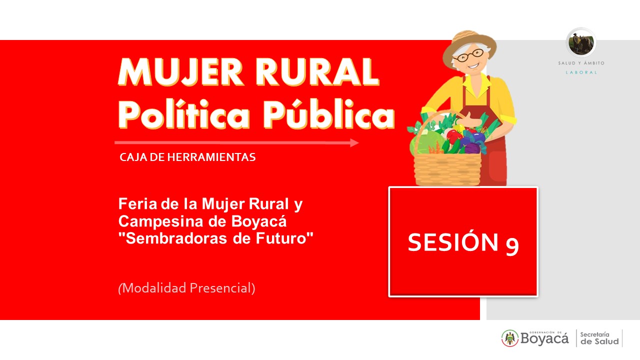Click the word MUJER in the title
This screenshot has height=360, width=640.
click(181, 71)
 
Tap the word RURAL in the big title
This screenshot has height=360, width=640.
click(317, 71)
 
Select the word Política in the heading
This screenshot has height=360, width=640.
click(184, 114)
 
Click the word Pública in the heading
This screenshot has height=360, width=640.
click(329, 114)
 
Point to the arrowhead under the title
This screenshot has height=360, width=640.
click(354, 142)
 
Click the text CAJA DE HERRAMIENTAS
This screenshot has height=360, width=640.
click(187, 157)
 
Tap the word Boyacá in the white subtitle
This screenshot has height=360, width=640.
click(259, 221)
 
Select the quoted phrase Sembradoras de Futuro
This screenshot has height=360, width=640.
click(215, 238)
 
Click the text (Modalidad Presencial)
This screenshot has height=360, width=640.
click(186, 288)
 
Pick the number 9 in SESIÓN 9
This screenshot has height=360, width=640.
click(512, 246)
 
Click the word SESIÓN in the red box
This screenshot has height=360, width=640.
click(453, 242)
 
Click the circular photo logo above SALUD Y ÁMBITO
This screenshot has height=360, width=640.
click(581, 43)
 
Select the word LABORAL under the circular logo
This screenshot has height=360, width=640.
click(581, 72)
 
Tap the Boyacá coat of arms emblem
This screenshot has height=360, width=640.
click(510, 338)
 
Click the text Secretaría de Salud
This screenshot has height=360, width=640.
click(599, 338)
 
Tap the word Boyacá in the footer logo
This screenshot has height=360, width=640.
click(544, 339)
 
